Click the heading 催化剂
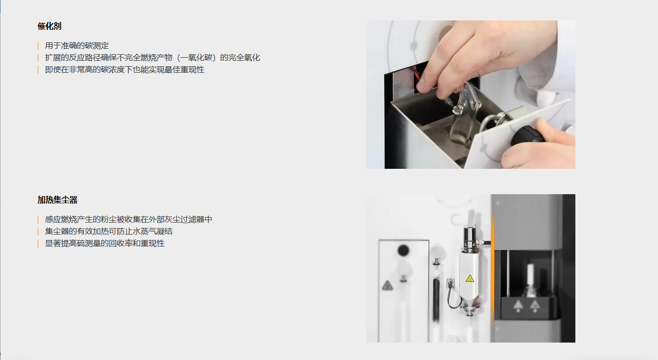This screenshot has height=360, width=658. click(x=49, y=26)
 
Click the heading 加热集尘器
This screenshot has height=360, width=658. click(x=57, y=200)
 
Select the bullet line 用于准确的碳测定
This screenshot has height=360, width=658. click(x=77, y=45)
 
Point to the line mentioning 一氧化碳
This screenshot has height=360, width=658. click(x=152, y=58)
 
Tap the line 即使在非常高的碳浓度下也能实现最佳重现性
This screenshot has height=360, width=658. click(x=124, y=70)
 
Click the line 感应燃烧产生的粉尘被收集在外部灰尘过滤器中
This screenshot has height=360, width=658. click(x=128, y=219)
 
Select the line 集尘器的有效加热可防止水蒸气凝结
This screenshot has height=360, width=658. click(x=109, y=231)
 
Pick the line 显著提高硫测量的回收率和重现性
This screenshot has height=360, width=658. click(x=105, y=243)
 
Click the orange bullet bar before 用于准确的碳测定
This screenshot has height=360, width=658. click(x=38, y=45)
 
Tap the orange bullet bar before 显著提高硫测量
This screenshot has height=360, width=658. click(x=38, y=243)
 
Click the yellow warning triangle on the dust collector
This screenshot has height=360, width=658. click(x=470, y=278)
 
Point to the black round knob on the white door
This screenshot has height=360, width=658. click(x=403, y=250)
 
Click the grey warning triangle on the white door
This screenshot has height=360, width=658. click(x=387, y=285)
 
